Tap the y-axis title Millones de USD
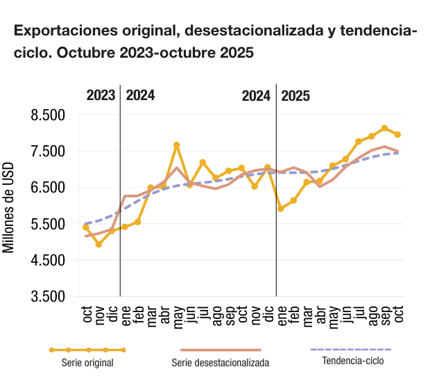point(9,206)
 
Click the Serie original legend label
point(87,363)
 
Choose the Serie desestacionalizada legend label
point(221,363)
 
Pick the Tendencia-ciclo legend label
point(352,361)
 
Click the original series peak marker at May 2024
point(177,145)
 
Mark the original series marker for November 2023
point(98,244)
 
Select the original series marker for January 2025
point(281,209)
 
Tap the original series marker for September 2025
point(384,128)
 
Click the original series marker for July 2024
point(203,163)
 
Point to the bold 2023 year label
point(101,96)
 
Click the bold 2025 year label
point(295,96)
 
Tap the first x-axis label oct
point(87,315)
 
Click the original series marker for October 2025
point(397,134)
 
